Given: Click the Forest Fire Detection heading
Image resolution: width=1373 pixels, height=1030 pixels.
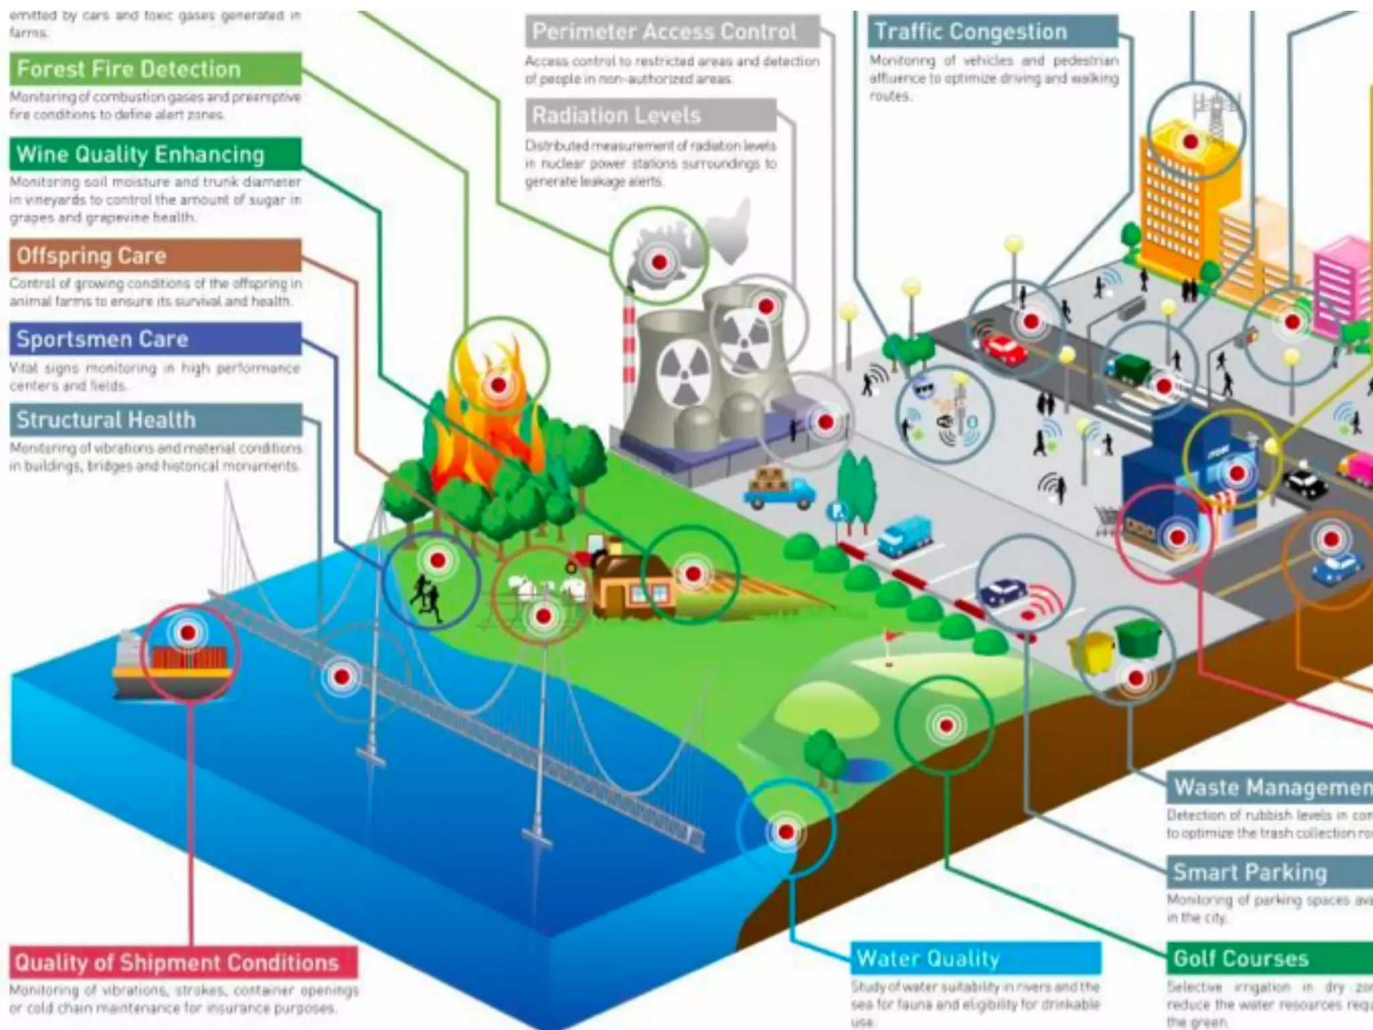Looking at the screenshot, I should (129, 69).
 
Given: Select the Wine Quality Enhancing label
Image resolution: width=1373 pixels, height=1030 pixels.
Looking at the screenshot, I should (141, 154).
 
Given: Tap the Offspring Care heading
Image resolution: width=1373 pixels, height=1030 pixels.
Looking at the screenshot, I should (91, 255).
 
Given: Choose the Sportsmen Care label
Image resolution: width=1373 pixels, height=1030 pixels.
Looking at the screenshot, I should (102, 339).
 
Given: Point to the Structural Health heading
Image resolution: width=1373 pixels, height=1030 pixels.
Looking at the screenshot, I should (106, 420).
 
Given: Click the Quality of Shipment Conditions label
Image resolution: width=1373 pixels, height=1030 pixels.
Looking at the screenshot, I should (177, 962).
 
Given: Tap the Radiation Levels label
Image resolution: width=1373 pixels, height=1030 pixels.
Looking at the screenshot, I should (617, 115).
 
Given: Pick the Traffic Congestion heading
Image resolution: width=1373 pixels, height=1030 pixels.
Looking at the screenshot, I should (971, 32).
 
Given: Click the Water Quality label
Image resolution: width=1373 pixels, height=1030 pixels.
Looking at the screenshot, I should (929, 958).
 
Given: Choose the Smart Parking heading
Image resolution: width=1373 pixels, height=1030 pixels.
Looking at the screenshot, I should (1250, 872).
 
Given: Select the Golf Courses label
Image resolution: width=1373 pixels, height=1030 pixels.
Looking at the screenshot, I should (1241, 958).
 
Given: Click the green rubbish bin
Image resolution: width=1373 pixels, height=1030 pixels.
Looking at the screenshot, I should (1138, 636).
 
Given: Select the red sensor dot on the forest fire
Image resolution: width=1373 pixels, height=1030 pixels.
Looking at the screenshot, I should (498, 385).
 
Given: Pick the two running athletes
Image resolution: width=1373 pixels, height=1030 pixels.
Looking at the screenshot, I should (426, 597).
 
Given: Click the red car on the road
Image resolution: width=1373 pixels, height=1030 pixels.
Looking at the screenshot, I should (1004, 349).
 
